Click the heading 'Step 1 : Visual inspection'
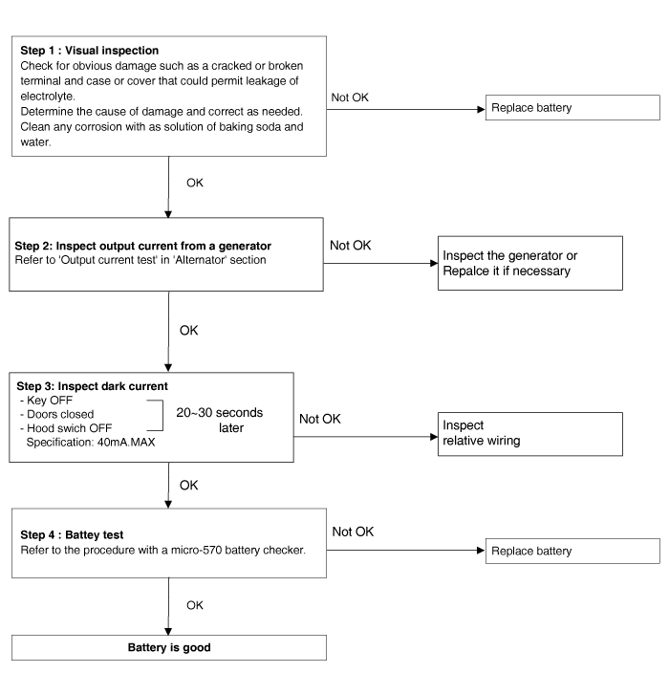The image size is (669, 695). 90,51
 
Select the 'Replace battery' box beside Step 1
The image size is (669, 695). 572,108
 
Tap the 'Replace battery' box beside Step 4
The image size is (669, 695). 572,551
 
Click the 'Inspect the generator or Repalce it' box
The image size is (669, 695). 530,263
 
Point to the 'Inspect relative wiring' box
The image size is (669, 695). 530,434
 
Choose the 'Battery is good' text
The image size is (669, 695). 169,647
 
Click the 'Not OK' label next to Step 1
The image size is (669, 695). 350,98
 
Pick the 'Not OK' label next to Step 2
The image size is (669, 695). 351,245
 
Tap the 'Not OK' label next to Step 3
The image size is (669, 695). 320,419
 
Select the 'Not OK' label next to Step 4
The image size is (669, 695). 353,532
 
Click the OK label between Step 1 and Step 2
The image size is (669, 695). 195,183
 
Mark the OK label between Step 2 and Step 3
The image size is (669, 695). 188,330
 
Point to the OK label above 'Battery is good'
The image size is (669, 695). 195,605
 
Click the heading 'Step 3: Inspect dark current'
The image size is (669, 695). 92,386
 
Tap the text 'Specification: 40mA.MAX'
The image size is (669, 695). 91,443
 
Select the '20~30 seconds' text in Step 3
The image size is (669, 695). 219,413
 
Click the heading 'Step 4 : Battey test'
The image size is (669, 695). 72,535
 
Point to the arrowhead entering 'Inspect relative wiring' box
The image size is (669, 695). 434,437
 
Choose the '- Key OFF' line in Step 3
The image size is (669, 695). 46,401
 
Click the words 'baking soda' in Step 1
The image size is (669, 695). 249,127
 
